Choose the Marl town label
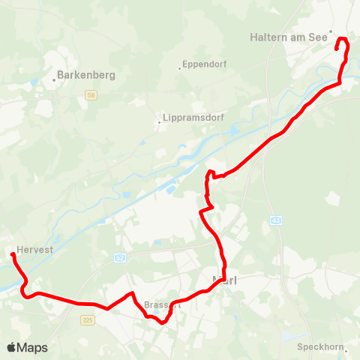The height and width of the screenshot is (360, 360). pyautogui.click(x=226, y=281)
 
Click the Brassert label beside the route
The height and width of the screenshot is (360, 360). pyautogui.click(x=161, y=305)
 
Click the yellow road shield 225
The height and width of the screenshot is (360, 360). pyautogui.click(x=87, y=319)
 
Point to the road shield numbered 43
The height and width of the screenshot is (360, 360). pyautogui.click(x=276, y=220)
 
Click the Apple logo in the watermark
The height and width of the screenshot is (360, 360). pyautogui.click(x=11, y=347)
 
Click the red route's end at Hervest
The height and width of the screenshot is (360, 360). pyautogui.click(x=13, y=256)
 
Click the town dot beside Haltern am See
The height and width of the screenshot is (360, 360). pyautogui.click(x=330, y=31)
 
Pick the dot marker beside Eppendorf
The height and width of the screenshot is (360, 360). pyautogui.click(x=180, y=68)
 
